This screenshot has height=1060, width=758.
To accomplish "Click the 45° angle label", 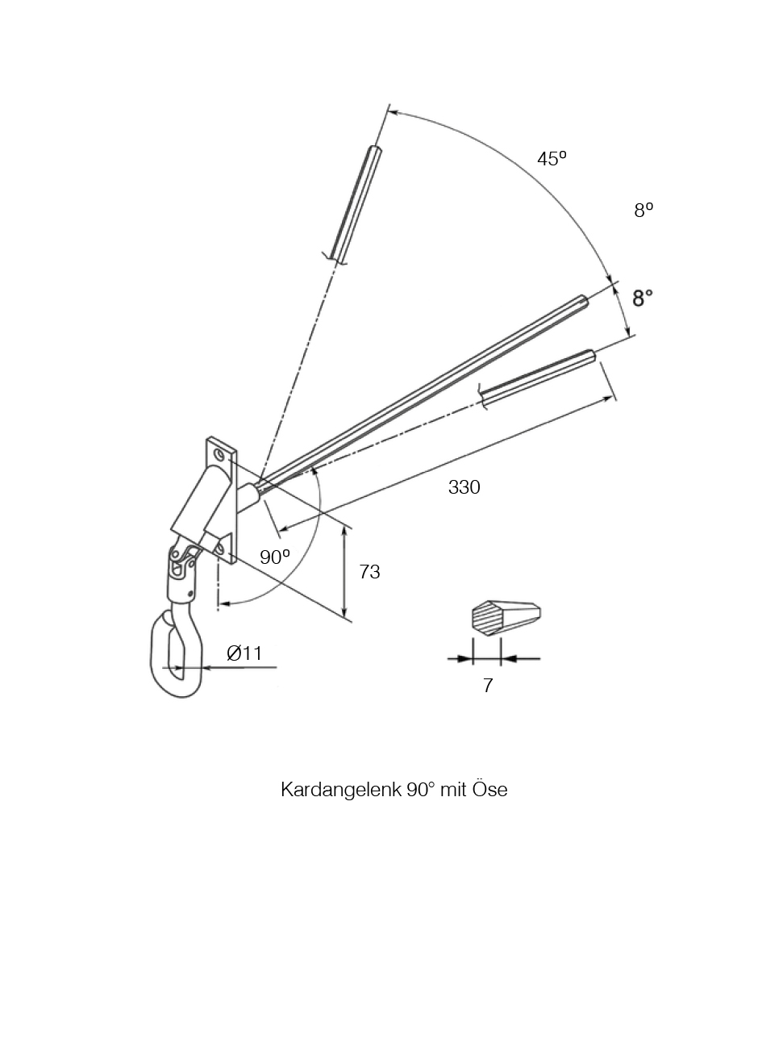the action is [x=552, y=159].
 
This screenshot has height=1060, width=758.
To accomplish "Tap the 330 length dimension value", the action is [x=464, y=487].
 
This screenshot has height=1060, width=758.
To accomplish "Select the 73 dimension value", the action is [x=369, y=572].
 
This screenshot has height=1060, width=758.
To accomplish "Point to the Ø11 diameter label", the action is [x=244, y=653].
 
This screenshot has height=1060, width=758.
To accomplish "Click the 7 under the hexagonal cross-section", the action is [x=488, y=685].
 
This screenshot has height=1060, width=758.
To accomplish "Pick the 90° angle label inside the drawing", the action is [x=275, y=557].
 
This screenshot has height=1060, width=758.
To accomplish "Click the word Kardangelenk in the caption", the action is [x=340, y=790].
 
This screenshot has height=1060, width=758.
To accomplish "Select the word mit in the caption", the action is [x=453, y=789].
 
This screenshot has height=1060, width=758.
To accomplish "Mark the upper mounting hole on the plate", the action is [x=219, y=455].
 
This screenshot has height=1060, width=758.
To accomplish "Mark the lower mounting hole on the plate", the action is [x=219, y=549].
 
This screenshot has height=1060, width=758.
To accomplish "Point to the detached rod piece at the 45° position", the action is [x=352, y=205].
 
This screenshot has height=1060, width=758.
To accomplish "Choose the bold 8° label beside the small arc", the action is [x=643, y=298].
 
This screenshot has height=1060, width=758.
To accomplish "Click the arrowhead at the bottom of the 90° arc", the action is [x=224, y=603].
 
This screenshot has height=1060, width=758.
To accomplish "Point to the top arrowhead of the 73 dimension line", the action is [x=344, y=532].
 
